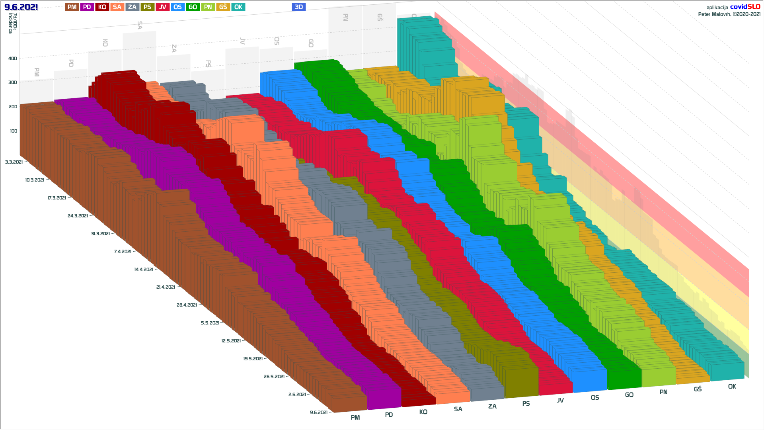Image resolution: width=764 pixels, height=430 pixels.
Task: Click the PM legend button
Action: [x=72, y=7]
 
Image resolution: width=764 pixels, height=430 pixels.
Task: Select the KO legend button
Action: [x=102, y=7]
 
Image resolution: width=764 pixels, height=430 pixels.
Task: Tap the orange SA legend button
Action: [x=117, y=7]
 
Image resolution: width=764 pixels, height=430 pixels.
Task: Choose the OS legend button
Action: [x=177, y=7]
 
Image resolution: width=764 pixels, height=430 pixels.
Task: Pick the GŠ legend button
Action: [x=223, y=7]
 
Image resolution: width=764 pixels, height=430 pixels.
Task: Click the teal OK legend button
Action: [x=238, y=7]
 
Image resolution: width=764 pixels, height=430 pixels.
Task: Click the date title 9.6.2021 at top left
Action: [x=21, y=7]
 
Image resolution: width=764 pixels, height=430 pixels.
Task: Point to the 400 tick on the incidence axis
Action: [x=13, y=59]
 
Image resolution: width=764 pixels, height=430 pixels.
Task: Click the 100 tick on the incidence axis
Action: [x=14, y=131]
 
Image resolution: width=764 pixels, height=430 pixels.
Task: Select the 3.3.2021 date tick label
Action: [x=14, y=162]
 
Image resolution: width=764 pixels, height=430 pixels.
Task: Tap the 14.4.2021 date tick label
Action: [x=144, y=270]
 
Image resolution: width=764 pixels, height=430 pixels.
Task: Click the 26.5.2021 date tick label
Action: [x=274, y=377]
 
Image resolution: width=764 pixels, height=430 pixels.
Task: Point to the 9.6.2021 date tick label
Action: [x=319, y=412]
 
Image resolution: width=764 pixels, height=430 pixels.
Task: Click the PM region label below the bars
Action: [x=355, y=418]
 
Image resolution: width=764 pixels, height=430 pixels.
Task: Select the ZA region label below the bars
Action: [x=492, y=407]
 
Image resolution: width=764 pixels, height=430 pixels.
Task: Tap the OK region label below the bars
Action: [x=732, y=387]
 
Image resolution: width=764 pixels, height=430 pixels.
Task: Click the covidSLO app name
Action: [x=745, y=7]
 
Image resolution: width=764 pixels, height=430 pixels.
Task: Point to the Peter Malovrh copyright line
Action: [x=729, y=14]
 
